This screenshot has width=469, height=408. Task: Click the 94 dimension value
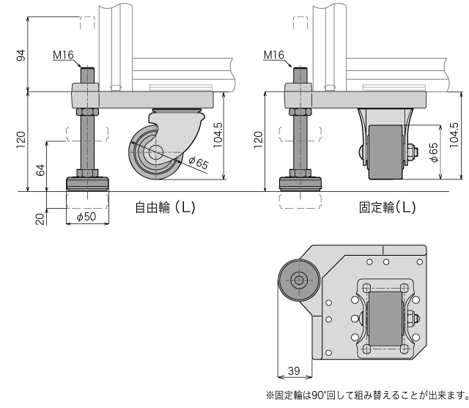click(x=21, y=55)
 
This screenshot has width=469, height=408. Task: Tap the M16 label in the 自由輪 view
click(x=64, y=55)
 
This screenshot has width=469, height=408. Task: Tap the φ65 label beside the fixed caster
click(x=433, y=150)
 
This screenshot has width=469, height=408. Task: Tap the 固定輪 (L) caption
click(x=387, y=207)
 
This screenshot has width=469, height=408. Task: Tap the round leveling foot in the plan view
click(x=298, y=281)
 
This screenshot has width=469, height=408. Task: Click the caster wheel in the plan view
click(x=383, y=319)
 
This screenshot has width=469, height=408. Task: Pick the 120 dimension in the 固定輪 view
click(x=256, y=137)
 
